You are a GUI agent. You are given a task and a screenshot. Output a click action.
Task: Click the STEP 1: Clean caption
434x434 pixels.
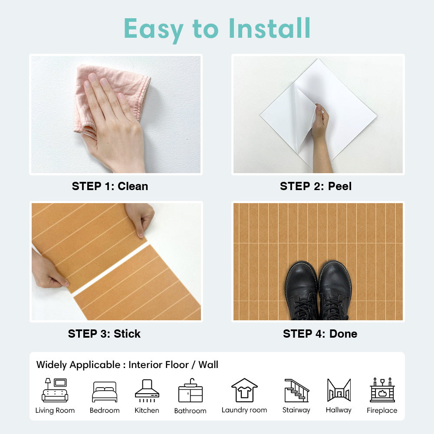110,186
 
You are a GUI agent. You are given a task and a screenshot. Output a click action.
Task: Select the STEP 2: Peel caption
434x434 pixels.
316,186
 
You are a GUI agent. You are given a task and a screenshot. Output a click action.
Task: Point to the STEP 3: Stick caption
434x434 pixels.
104,333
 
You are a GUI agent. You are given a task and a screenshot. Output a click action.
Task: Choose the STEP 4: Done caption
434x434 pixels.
320,333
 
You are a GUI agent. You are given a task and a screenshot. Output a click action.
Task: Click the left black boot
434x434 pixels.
302,291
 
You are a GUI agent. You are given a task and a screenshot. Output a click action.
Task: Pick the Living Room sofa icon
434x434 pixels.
55,390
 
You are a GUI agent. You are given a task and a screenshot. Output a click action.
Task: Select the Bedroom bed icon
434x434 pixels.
105,391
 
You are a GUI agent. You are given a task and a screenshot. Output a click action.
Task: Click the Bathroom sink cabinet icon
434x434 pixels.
191,391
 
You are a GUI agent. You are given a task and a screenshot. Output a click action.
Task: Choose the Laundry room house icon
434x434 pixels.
244,390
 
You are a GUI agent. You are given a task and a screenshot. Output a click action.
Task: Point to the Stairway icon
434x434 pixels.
296,391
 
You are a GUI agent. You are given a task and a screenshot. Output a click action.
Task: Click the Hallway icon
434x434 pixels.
339,390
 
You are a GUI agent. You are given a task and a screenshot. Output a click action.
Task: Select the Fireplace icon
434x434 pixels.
382,390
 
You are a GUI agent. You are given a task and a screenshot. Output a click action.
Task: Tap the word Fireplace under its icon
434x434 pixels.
382,410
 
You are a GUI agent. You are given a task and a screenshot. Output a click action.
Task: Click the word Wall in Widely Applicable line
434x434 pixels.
208,365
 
